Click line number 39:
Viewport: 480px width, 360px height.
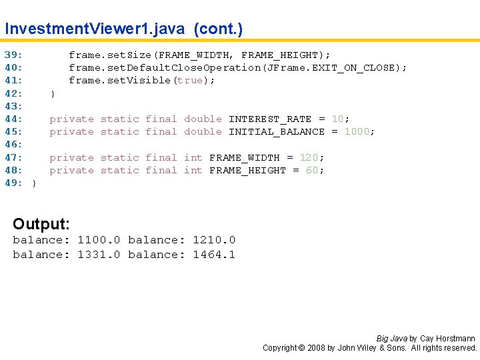14,55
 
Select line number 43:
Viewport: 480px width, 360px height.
14,106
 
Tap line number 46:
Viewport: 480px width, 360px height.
14,145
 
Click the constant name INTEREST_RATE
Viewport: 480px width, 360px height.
270,119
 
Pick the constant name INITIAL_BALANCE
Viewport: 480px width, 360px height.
277,132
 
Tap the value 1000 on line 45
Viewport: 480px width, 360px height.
357,132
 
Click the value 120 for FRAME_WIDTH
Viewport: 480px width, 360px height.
309,158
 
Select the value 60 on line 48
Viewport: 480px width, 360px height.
312,171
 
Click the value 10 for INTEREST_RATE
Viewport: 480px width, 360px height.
337,119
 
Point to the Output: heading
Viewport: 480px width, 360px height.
41,223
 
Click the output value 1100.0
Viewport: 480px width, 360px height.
99,240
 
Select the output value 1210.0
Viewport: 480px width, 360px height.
214,240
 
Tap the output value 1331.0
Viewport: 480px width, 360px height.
99,255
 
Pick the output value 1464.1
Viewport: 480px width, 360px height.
214,255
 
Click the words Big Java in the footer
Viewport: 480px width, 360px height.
392,339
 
